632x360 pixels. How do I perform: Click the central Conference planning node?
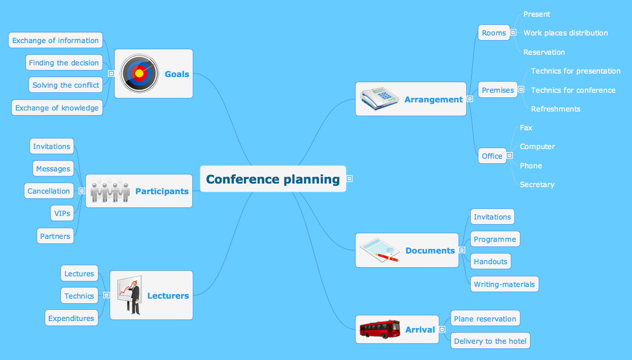pos(273,179)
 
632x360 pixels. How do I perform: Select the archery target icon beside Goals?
pos(139,74)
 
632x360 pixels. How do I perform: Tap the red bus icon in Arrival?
pos(380,329)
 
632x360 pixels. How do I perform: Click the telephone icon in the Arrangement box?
pos(379,98)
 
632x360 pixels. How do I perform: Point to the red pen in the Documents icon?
pos(387,257)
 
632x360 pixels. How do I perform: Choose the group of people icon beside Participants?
pos(110,191)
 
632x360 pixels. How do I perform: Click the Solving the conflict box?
pos(66,85)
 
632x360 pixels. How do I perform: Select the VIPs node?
pos(62,213)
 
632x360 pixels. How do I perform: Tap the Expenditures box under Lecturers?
pos(72,318)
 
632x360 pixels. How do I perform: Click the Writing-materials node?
pos(505,284)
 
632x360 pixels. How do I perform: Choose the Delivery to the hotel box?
pos(490,341)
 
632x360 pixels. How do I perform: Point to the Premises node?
pos(498,90)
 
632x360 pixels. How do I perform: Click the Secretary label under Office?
pos(537,185)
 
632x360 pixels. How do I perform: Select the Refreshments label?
pos(555,109)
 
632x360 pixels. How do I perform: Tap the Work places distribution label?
pos(566,33)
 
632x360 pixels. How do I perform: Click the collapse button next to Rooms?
pos(513,32)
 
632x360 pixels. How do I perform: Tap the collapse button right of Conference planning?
pos(349,178)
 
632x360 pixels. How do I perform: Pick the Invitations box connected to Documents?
pos(493,217)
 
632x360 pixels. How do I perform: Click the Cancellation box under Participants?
pos(49,191)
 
